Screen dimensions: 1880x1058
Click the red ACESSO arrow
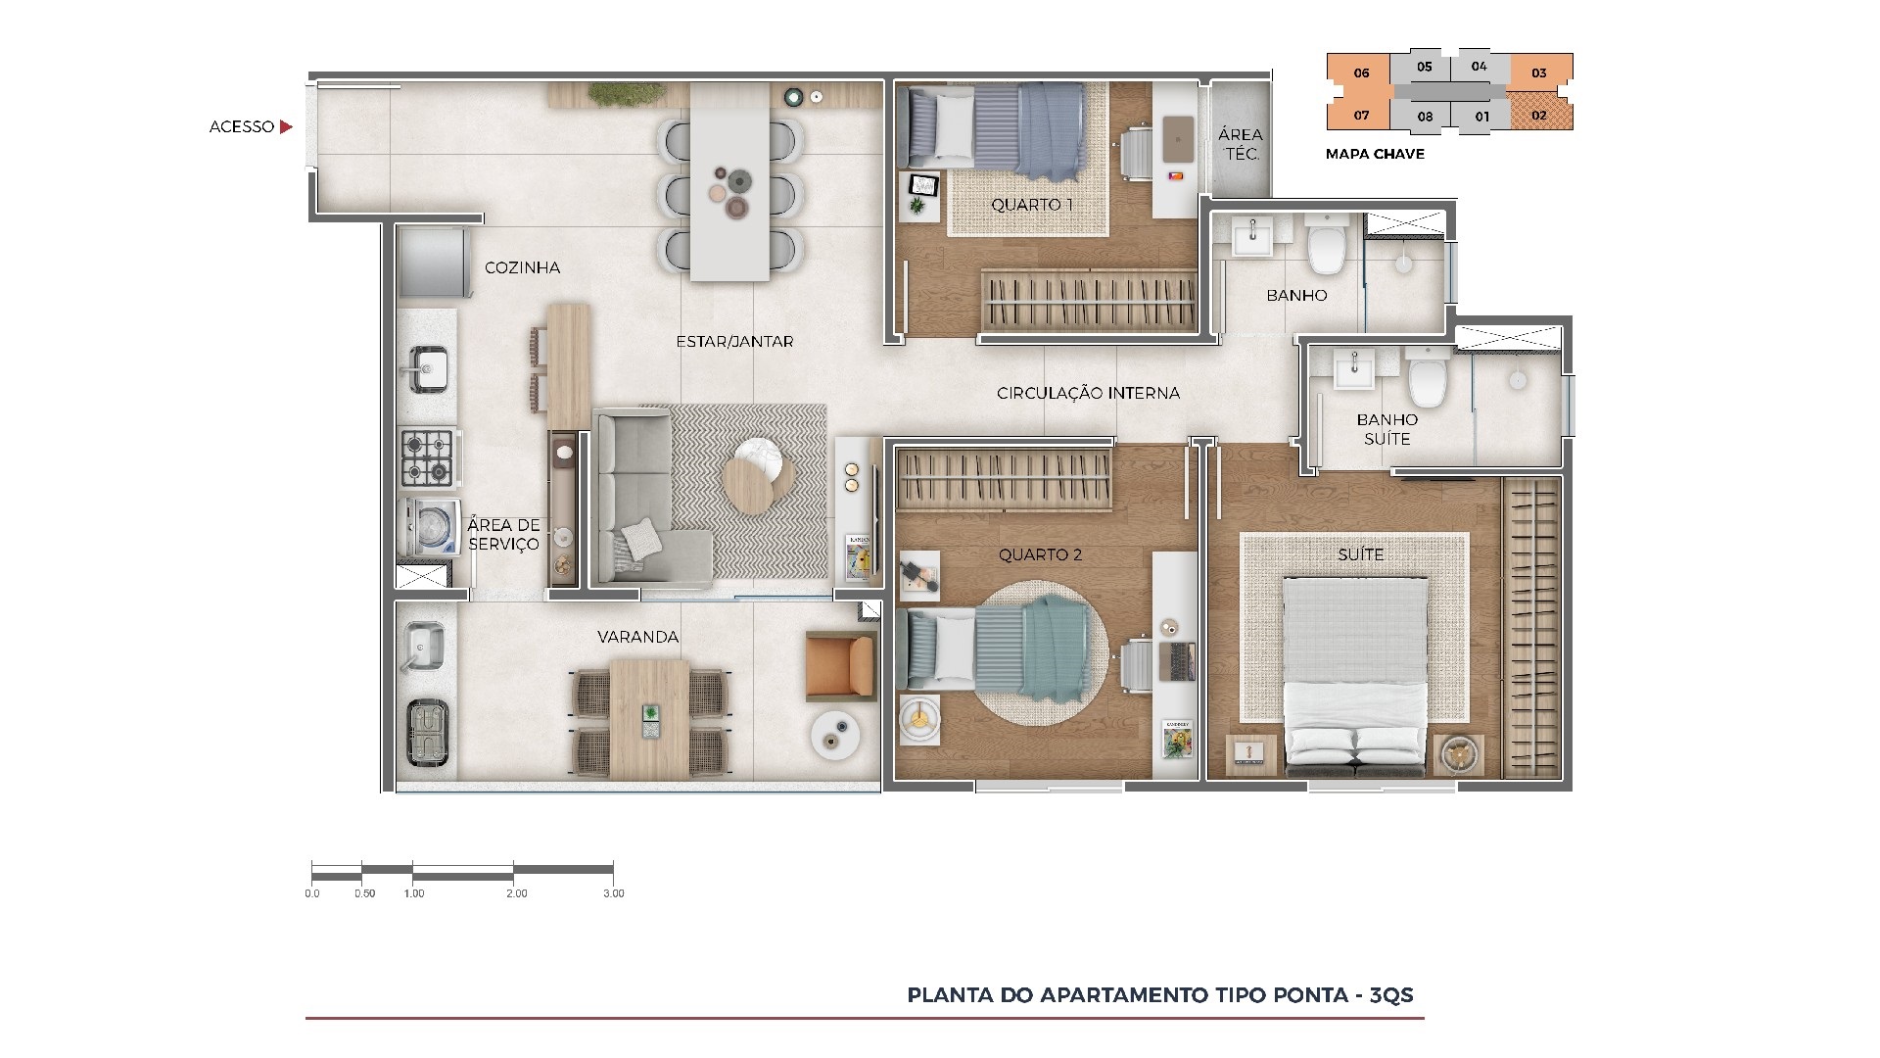click(286, 126)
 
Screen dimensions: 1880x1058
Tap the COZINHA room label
click(523, 267)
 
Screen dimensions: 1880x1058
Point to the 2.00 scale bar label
click(516, 893)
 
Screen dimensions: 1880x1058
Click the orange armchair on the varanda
click(841, 667)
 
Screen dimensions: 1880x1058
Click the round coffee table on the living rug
click(756, 479)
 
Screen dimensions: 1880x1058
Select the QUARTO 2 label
click(1040, 554)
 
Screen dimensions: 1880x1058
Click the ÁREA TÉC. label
click(1241, 144)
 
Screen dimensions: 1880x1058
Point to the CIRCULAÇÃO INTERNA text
click(1088, 393)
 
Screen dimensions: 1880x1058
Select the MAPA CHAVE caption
click(1375, 154)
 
